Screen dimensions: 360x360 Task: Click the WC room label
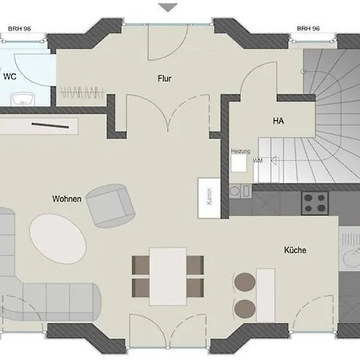tap(10, 77)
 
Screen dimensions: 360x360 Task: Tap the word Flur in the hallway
tap(165, 78)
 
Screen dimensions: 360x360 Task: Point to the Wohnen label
tap(66, 198)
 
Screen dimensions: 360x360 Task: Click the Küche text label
tap(294, 250)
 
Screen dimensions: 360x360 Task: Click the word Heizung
tap(241, 150)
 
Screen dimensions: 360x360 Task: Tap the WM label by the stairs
tap(258, 161)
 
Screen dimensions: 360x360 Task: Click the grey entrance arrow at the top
tap(168, 7)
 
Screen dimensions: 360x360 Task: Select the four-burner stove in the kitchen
tap(315, 202)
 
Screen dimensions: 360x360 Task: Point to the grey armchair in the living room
tap(110, 205)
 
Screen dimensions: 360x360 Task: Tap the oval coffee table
tap(58, 238)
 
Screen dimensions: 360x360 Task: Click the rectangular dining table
tap(168, 274)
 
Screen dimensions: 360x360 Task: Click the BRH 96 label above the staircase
tap(308, 28)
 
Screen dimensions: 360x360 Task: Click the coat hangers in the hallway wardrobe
tap(82, 91)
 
